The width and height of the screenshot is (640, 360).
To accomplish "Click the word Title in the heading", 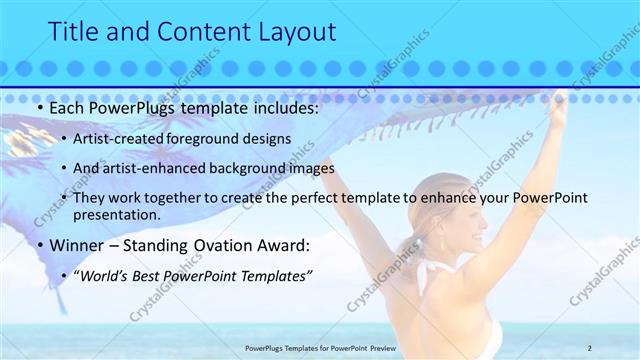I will tap(74, 31).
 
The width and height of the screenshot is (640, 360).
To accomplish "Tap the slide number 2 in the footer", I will tap(589, 347).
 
